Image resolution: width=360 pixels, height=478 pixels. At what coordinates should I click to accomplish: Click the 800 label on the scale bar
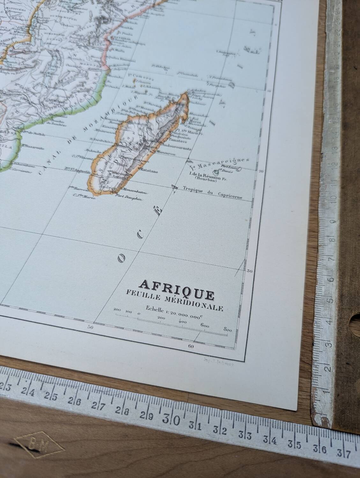[227, 330]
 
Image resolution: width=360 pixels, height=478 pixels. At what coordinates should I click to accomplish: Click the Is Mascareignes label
[219, 163]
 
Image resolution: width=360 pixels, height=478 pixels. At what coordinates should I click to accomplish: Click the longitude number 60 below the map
[191, 346]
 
